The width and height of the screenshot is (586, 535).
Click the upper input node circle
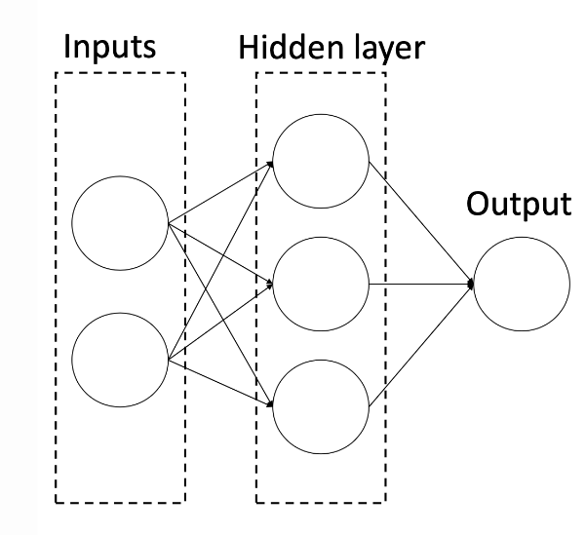click(121, 223)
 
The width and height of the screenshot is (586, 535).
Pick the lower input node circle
click(121, 360)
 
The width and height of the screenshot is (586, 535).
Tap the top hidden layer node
click(321, 160)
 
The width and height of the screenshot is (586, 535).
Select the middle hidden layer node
click(321, 284)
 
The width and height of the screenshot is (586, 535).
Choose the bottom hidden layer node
click(321, 404)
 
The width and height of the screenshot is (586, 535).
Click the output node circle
click(523, 284)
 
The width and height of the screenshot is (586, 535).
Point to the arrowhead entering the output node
click(470, 284)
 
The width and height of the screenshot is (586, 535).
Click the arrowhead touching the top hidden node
click(269, 167)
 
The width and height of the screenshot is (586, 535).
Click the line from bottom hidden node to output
click(419, 344)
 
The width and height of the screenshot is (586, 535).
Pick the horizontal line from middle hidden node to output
click(419, 284)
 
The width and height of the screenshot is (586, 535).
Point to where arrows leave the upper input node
click(170, 224)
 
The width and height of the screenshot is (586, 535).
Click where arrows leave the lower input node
click(170, 360)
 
